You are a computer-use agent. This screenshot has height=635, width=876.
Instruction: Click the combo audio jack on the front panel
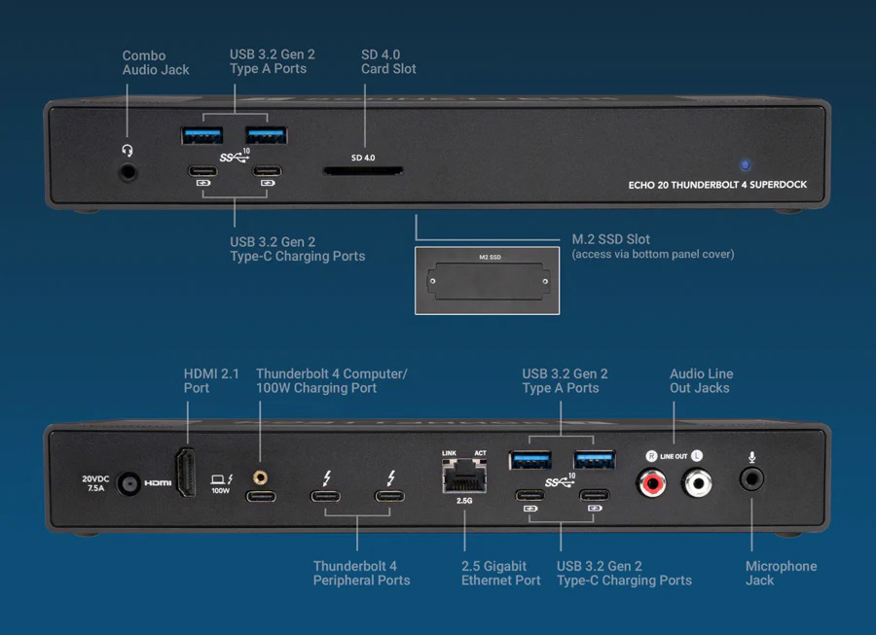(128, 173)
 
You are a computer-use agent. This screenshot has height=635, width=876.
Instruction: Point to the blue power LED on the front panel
(746, 165)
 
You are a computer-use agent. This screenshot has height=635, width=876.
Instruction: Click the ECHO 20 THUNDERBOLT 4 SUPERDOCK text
(717, 185)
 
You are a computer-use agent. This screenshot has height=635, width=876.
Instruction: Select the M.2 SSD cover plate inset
(487, 280)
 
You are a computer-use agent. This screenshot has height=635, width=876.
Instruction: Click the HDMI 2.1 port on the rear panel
(186, 475)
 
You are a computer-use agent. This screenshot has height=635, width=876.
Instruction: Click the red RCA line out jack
(650, 480)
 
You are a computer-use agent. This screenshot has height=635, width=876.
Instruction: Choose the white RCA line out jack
(698, 480)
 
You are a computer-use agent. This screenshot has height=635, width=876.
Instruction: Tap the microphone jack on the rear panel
(751, 478)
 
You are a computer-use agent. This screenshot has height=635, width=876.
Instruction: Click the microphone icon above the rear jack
(752, 457)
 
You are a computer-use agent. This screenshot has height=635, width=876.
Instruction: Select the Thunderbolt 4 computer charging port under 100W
(261, 497)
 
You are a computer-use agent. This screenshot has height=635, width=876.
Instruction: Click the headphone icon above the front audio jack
(127, 150)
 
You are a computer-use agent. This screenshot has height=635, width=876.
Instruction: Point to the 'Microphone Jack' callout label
(781, 573)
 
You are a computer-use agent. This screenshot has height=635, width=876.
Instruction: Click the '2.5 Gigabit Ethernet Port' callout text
(500, 573)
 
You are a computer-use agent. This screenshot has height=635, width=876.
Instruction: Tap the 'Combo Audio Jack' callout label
(156, 63)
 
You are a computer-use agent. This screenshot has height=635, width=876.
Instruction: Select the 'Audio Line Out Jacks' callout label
(701, 380)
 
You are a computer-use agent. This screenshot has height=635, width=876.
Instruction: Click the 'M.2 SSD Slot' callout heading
(610, 239)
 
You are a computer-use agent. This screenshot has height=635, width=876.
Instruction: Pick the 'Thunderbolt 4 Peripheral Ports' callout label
(361, 573)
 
